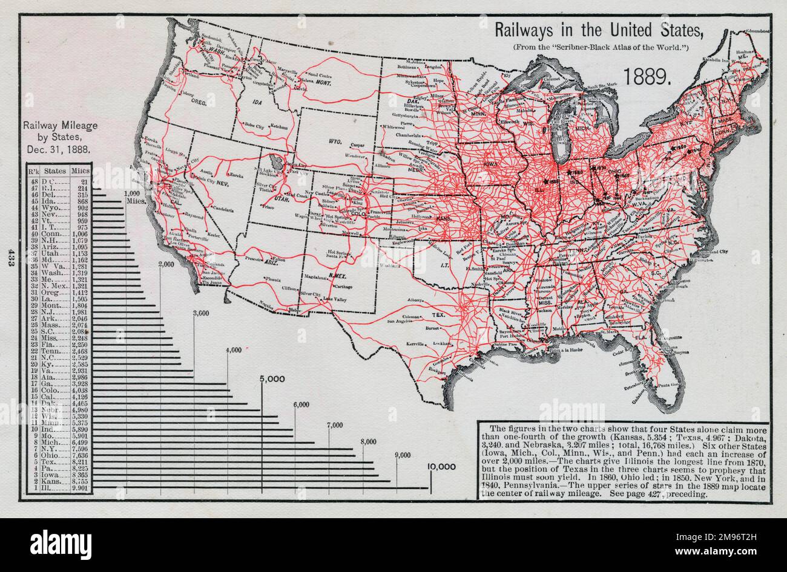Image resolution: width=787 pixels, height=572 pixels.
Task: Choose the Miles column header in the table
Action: (x=80, y=171)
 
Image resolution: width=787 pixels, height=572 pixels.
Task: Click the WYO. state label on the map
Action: (x=336, y=140)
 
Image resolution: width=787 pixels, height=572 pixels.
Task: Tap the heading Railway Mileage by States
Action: (x=58, y=138)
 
